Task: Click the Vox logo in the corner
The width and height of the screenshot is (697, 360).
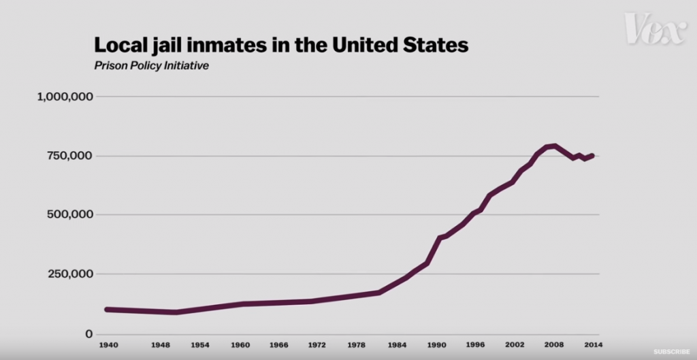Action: [655, 29]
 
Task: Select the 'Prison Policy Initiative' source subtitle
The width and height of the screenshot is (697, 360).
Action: [151, 67]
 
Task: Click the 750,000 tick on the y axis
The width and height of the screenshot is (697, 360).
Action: [70, 156]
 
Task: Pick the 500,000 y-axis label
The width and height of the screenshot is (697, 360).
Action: [70, 214]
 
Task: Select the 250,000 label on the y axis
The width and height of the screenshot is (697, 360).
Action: [70, 274]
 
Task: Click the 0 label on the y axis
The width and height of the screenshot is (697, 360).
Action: [87, 333]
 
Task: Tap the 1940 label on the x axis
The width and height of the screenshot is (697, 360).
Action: [108, 345]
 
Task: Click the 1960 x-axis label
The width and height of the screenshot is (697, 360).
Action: [240, 345]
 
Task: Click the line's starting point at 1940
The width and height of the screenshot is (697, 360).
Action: [107, 309]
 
